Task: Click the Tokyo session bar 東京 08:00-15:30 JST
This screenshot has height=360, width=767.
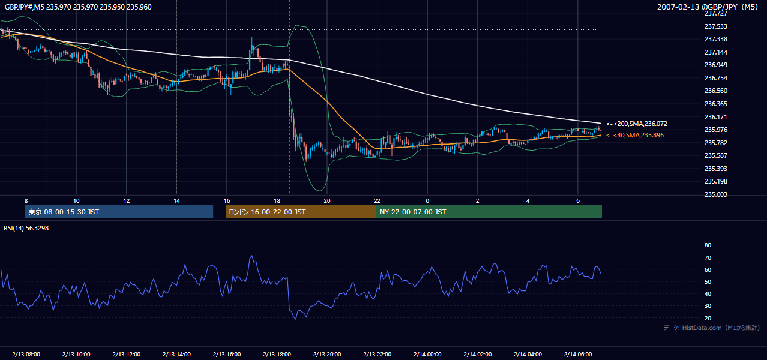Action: click(x=119, y=212)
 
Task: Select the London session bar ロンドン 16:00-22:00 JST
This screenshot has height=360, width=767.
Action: click(x=301, y=212)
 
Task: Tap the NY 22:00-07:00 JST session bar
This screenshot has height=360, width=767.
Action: click(x=489, y=212)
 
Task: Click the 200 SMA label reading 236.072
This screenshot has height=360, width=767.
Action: click(x=637, y=124)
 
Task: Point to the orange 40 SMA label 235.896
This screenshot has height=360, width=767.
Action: click(x=635, y=135)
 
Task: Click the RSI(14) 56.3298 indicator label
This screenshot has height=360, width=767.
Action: click(x=26, y=228)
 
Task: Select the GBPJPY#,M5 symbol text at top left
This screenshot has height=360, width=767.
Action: click(x=25, y=7)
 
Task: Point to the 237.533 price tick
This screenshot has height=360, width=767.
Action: click(x=715, y=26)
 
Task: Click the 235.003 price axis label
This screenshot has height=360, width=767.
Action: click(x=715, y=194)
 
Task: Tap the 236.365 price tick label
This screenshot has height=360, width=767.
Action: click(x=715, y=104)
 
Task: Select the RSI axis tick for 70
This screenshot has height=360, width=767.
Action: click(x=708, y=257)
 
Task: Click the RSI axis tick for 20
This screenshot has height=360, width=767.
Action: click(x=708, y=318)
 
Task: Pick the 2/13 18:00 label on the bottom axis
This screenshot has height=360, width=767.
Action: click(x=277, y=354)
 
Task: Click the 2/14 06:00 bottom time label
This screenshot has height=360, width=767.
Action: click(x=578, y=354)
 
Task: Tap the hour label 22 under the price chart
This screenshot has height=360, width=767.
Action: click(x=377, y=201)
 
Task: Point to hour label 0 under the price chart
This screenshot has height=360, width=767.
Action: click(x=427, y=201)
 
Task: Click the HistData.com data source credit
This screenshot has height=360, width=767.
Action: click(x=712, y=328)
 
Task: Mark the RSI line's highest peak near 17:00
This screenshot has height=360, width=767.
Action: click(x=252, y=256)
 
